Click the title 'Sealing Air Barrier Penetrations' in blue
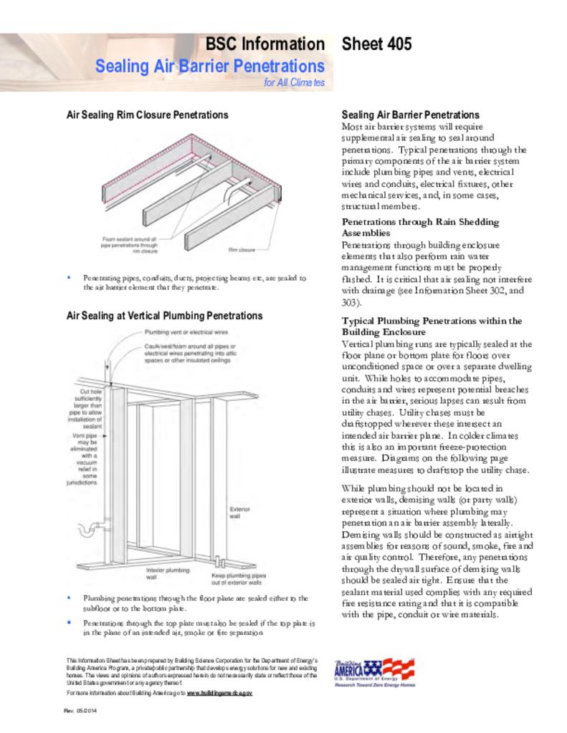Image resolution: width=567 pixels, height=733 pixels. click(x=210, y=66)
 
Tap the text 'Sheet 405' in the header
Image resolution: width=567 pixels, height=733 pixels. click(x=376, y=44)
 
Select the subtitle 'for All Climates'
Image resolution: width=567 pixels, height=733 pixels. click(x=294, y=83)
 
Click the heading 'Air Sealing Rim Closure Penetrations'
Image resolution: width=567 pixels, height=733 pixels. click(x=147, y=115)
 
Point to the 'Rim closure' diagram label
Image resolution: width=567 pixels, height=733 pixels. click(x=242, y=250)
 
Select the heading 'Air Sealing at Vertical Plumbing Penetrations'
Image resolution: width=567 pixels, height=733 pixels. click(x=164, y=316)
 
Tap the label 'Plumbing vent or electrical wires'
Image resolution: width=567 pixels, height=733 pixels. click(x=186, y=332)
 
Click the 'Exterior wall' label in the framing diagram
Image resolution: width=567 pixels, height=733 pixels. click(x=239, y=513)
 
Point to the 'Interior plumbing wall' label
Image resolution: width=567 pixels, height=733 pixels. click(x=167, y=573)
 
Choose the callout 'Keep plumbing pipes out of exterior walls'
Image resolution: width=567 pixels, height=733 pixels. click(x=239, y=578)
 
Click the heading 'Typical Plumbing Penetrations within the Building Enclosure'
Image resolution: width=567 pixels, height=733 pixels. click(x=432, y=326)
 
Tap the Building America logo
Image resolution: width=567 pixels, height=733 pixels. click(x=373, y=672)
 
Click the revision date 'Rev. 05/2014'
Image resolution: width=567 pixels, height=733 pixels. click(x=80, y=710)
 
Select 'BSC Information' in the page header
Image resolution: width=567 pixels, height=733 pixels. click(x=265, y=44)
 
